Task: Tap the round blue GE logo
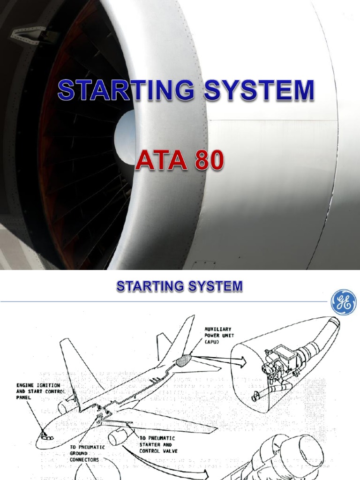tap(343, 302)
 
